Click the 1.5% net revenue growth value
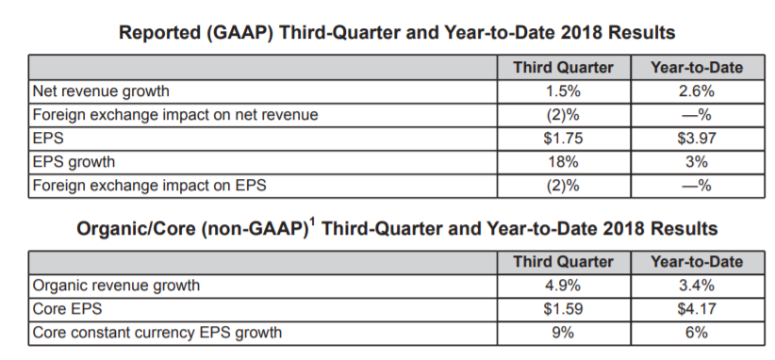[x=563, y=91]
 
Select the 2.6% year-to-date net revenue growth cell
[x=697, y=91]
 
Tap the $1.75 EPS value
[x=563, y=139]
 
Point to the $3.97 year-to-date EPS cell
[x=697, y=139]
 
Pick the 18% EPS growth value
[x=563, y=162]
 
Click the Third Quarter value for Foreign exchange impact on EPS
[x=563, y=186]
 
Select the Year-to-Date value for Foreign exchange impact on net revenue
[x=697, y=115]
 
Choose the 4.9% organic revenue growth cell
[x=563, y=286]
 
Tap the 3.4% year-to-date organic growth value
[x=697, y=286]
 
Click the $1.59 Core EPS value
[x=563, y=309]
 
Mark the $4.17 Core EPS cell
[x=697, y=309]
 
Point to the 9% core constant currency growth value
[x=563, y=333]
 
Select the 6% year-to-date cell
[x=697, y=333]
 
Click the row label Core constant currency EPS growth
[x=157, y=334]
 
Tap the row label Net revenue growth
[x=101, y=91]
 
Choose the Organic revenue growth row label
[x=116, y=286]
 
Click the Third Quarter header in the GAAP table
[x=563, y=68]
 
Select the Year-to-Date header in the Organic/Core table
[x=697, y=262]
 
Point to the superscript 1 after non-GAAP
[x=311, y=222]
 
